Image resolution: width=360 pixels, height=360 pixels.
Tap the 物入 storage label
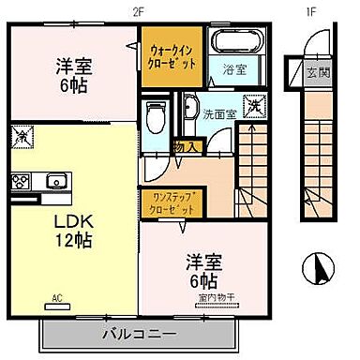click(186, 146)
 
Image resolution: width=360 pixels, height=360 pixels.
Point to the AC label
click(56, 299)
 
